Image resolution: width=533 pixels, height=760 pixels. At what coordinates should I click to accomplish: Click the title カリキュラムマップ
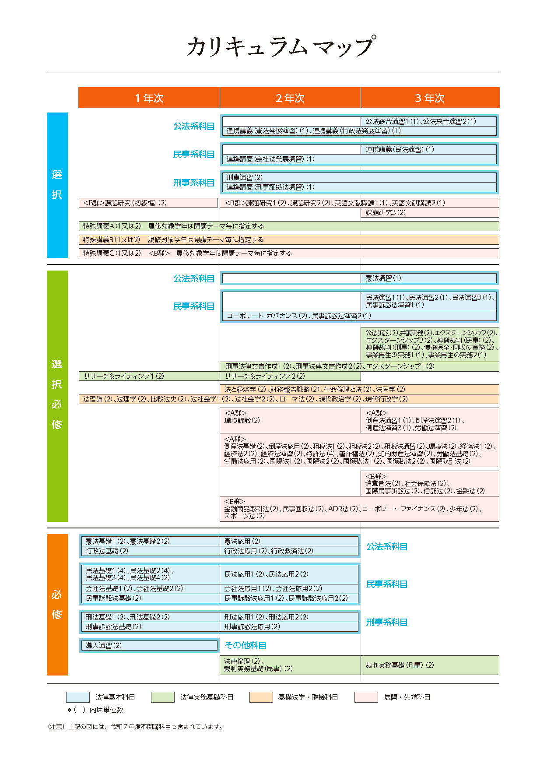[281, 46]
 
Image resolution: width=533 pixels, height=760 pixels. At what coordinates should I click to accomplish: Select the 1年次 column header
[149, 98]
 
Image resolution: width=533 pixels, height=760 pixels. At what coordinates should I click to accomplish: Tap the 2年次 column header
[290, 98]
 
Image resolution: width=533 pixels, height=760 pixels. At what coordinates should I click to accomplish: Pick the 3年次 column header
[430, 98]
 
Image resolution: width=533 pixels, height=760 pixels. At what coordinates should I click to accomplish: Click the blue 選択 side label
[57, 185]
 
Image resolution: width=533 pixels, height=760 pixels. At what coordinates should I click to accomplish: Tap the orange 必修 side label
[57, 605]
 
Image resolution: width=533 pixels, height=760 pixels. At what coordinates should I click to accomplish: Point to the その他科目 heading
[245, 645]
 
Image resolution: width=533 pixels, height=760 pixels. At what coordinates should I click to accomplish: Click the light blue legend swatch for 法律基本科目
[77, 697]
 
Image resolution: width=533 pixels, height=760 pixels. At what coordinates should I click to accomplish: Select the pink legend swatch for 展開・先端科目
[366, 697]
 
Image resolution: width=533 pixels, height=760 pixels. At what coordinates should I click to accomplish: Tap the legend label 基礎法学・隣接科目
[308, 697]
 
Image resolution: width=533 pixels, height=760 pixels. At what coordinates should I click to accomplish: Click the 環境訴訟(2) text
[242, 420]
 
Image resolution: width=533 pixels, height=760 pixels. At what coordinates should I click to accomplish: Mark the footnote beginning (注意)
[135, 727]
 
